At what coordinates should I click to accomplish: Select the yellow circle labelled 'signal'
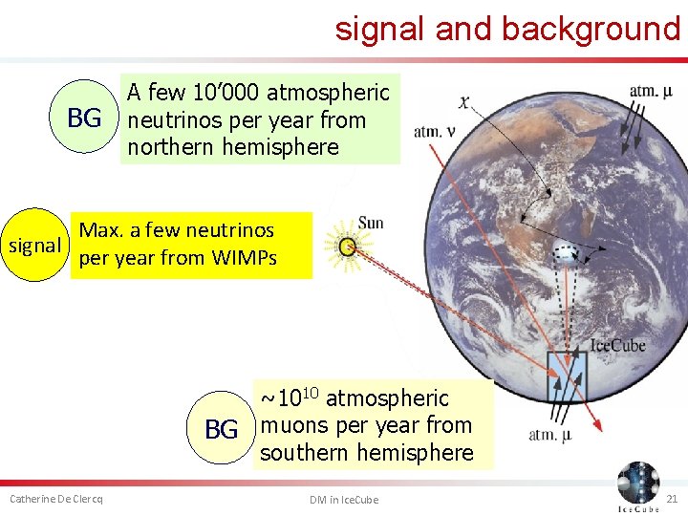coord(33,246)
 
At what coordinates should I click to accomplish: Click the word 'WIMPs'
coord(244,258)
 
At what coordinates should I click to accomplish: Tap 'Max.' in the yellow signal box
coord(100,230)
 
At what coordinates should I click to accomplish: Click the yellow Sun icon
coord(348,247)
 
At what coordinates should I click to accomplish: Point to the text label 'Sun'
coord(370,223)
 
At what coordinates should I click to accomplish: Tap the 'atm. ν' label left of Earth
coord(433,132)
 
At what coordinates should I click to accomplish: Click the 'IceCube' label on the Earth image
coord(617,345)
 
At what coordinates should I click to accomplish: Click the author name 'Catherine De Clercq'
coord(56,500)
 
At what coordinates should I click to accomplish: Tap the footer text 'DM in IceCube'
coord(343,500)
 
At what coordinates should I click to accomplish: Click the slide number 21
coord(671,500)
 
